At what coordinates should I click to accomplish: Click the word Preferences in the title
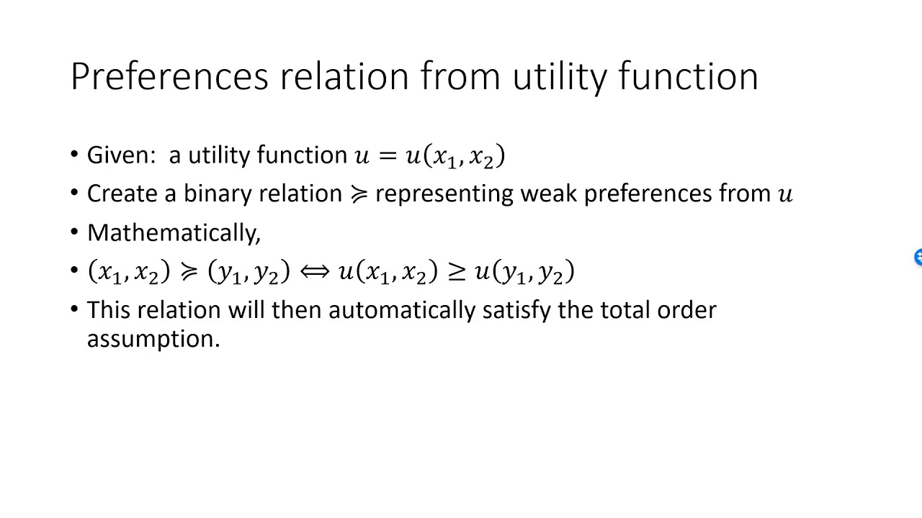[x=169, y=76]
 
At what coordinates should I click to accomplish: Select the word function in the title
[x=688, y=76]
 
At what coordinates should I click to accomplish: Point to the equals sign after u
[x=388, y=155]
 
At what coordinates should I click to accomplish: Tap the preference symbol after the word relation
[x=358, y=194]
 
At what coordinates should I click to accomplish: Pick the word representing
[x=444, y=194]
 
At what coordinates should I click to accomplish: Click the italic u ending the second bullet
[x=785, y=194]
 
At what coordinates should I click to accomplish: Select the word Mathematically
[x=173, y=232]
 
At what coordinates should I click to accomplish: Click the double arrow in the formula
[x=315, y=271]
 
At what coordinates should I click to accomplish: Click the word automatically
[x=403, y=310]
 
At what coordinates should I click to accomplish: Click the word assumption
[x=153, y=339]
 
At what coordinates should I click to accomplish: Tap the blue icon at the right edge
[x=918, y=258]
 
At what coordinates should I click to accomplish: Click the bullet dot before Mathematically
[x=75, y=232]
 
